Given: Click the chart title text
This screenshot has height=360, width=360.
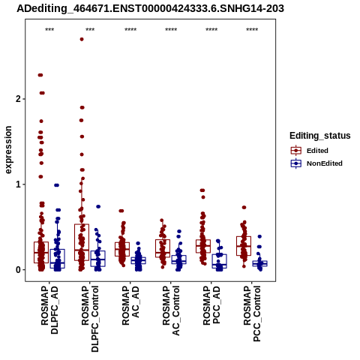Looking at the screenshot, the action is tap(150, 9).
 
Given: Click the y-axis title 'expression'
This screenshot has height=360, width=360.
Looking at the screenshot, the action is tap(8, 150).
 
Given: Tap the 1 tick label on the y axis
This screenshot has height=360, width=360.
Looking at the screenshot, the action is tap(18, 184).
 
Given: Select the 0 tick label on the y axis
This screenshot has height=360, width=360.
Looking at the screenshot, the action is tap(18, 270).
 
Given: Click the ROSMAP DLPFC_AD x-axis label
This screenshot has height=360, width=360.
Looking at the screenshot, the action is tap(49, 310).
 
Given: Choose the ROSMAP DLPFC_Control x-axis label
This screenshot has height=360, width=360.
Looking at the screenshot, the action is tap(90, 319).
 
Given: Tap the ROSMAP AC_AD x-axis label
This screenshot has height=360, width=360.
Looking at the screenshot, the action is tap(130, 305).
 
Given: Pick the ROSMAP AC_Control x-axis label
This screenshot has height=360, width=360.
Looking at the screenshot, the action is tap(171, 310).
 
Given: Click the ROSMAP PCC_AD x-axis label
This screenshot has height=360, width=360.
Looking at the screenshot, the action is tap(211, 305).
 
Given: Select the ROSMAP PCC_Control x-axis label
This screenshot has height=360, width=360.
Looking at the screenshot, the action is tap(252, 313).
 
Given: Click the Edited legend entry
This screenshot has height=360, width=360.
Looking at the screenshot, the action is tap(317, 151).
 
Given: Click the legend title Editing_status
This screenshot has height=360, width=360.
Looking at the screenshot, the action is tap(320, 136).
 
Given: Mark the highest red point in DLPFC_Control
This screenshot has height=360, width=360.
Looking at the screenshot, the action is tap(82, 39).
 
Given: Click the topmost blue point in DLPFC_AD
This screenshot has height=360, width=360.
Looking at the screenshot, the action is tap(57, 185).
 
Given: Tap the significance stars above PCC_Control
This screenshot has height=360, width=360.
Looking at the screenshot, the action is tap(252, 30).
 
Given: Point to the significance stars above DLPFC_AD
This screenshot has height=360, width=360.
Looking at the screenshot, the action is tap(49, 30).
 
